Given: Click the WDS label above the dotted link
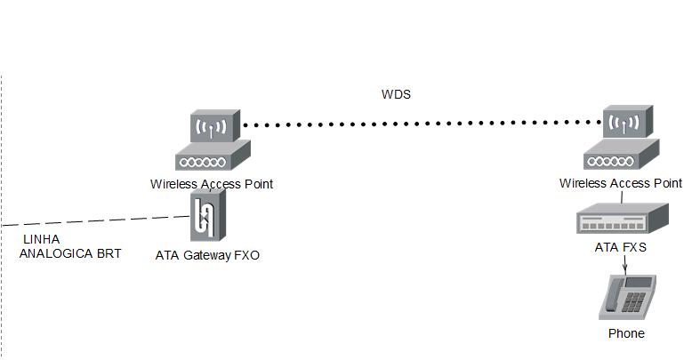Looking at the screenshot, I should pyautogui.click(x=396, y=94).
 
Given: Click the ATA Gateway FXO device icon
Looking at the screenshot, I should pyautogui.click(x=208, y=218).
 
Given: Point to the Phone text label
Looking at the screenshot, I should pyautogui.click(x=626, y=333).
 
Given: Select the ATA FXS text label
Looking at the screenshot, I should pyautogui.click(x=621, y=247).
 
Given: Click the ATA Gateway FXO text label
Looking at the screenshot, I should pyautogui.click(x=208, y=255).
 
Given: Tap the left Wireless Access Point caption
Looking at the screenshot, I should pyautogui.click(x=212, y=184).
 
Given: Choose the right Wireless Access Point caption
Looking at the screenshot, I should pyautogui.click(x=621, y=183).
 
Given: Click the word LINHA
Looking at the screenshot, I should pyautogui.click(x=41, y=240).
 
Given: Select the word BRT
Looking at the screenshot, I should pyautogui.click(x=110, y=253).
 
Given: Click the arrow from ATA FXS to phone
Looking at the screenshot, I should pyautogui.click(x=625, y=265).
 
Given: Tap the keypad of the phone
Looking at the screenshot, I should pyautogui.click(x=634, y=300).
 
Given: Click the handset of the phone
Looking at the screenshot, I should pyautogui.click(x=612, y=295).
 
